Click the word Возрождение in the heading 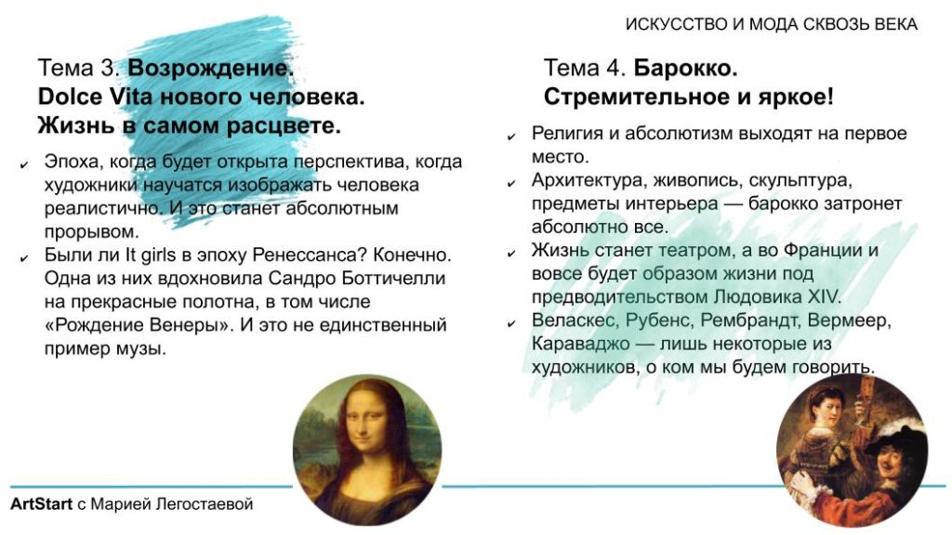[x=210, y=68]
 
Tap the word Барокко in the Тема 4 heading [x=685, y=68]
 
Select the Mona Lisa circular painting [x=367, y=450]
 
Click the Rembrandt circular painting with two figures [x=852, y=450]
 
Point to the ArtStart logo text [x=41, y=504]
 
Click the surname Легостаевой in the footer [x=205, y=504]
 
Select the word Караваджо [x=580, y=344]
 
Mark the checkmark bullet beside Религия [x=511, y=137]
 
